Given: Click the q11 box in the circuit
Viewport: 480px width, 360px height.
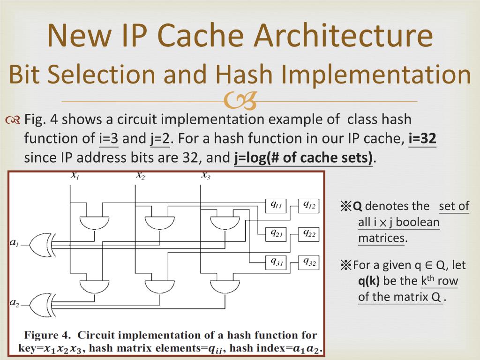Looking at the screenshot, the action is point(276,205).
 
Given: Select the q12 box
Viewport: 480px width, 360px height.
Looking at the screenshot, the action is point(308,205).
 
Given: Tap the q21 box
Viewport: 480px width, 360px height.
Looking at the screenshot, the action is point(276,234).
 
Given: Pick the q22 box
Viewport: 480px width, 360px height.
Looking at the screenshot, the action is point(308,234).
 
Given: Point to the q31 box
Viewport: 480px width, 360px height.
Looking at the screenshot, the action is point(276,262).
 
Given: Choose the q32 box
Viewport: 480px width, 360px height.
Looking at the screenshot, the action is point(308,262).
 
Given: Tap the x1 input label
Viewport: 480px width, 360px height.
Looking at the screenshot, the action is point(75,175).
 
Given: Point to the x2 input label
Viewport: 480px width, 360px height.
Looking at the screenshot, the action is point(141,175).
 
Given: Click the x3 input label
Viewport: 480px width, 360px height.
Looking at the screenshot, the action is point(206,175).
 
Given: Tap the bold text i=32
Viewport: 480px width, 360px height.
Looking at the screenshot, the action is point(422,138).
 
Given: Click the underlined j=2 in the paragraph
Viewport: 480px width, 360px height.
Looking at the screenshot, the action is point(160,139).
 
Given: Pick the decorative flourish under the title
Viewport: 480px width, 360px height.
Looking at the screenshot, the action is point(240,101).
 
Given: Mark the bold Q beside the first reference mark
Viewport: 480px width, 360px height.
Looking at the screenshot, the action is point(357,206).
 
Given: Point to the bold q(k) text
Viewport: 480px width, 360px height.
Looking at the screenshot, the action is point(368,281).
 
